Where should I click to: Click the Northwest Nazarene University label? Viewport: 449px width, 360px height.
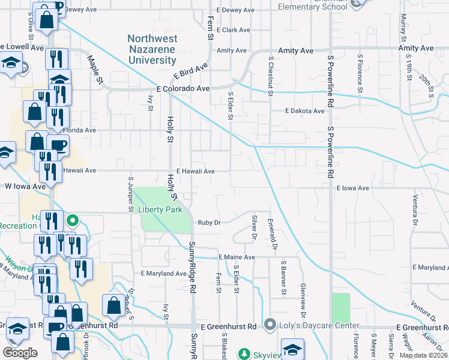[152, 49]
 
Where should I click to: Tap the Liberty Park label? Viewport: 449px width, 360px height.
[160, 209]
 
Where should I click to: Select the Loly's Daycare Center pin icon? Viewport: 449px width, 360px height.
[270, 325]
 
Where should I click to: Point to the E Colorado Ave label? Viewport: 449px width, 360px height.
[182, 88]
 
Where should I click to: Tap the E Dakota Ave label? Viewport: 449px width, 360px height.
[304, 111]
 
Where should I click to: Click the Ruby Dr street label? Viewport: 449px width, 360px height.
[210, 222]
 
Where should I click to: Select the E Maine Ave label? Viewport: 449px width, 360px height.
[237, 257]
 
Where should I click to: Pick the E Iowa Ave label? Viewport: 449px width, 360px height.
[352, 188]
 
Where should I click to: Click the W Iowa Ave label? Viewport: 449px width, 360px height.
[25, 187]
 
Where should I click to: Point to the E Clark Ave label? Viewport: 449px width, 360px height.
[233, 29]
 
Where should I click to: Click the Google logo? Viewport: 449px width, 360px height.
[20, 352]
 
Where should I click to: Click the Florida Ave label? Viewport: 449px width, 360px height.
[80, 130]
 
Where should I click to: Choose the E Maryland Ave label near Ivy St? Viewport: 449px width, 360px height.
[163, 274]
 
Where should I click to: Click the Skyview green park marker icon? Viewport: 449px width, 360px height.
[244, 354]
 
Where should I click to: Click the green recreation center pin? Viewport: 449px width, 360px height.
[71, 220]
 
